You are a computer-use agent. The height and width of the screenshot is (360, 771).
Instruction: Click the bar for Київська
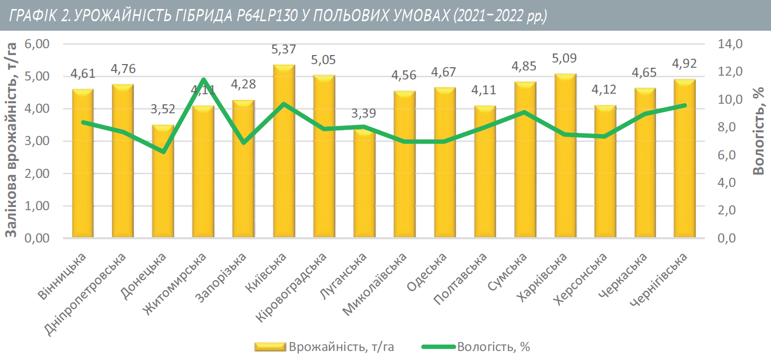284,154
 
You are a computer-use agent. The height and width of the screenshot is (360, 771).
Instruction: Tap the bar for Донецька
164,183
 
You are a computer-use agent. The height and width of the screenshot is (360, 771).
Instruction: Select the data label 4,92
684,64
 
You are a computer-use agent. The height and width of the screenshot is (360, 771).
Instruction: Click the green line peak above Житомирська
204,79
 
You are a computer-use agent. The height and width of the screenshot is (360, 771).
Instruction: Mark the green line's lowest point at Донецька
164,152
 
